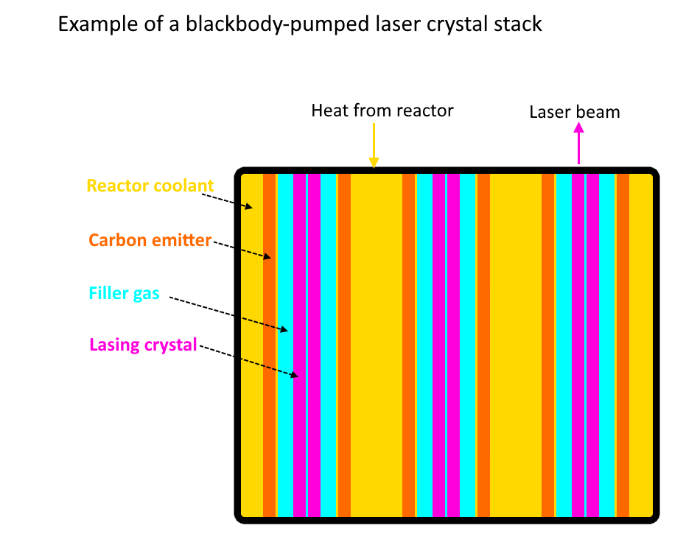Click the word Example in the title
tap(91, 24)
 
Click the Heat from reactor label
tap(382, 110)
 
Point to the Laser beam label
tap(575, 112)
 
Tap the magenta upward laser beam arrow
tap(578, 144)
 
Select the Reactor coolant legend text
tap(150, 186)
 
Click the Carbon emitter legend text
tap(150, 240)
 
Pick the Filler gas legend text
tap(124, 293)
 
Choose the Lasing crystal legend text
tap(143, 344)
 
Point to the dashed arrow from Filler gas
tap(228, 314)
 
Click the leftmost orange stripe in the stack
tap(269, 346)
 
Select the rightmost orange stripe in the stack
tap(623, 346)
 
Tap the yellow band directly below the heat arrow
tap(376, 346)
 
